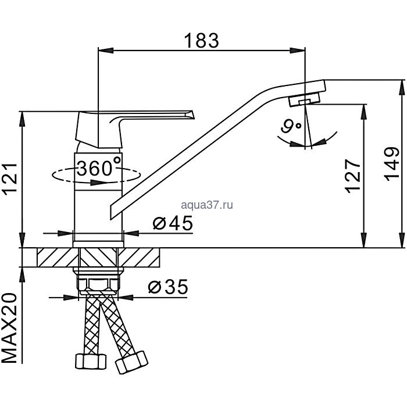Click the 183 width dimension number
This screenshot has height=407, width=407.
click(x=201, y=41)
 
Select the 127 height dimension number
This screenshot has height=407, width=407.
click(x=353, y=176)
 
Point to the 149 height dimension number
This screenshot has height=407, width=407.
click(x=392, y=165)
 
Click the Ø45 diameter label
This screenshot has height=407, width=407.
click(x=173, y=223)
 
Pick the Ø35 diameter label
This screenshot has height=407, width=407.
click(x=168, y=287)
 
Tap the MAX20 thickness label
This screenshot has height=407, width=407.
click(x=10, y=329)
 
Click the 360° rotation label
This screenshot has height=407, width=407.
click(x=99, y=168)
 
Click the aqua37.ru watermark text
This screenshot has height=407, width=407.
click(x=207, y=205)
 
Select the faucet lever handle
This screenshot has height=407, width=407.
click(x=134, y=128)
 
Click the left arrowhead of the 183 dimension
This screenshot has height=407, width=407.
click(x=106, y=51)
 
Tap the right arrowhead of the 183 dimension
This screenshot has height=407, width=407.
click(x=298, y=51)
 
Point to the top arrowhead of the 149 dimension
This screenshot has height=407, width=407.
click(x=402, y=88)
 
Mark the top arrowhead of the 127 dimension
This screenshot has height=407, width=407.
click(x=364, y=112)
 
